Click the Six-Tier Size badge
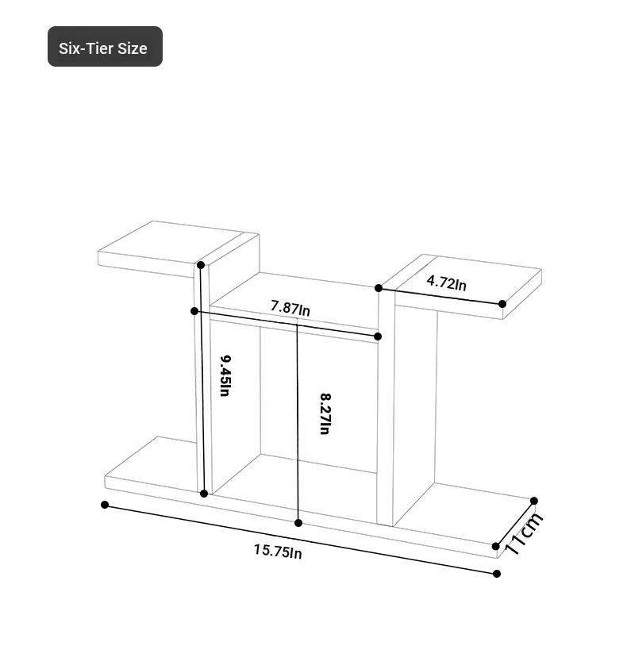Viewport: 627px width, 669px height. pyautogui.click(x=105, y=47)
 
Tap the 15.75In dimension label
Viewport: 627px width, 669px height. pyautogui.click(x=278, y=552)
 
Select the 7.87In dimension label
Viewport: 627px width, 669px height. pyautogui.click(x=290, y=308)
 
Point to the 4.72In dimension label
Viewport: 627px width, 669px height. pyautogui.click(x=447, y=283)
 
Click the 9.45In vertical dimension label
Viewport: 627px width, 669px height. pyautogui.click(x=225, y=376)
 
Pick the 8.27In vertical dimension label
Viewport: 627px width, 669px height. pyautogui.click(x=325, y=413)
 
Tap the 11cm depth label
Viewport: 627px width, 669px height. pyautogui.click(x=524, y=534)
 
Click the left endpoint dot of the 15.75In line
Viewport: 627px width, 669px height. pyautogui.click(x=105, y=505)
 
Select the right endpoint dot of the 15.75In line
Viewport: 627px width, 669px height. pyautogui.click(x=496, y=574)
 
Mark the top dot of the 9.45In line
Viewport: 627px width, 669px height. pyautogui.click(x=201, y=265)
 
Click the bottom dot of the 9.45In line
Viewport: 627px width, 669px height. pyautogui.click(x=204, y=494)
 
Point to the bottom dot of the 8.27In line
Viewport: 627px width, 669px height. pyautogui.click(x=298, y=523)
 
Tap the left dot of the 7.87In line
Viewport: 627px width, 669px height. pyautogui.click(x=194, y=311)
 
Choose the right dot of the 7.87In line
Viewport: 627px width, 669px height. pyautogui.click(x=378, y=336)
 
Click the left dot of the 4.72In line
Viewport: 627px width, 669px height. pyautogui.click(x=379, y=288)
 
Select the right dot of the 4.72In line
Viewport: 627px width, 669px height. pyautogui.click(x=502, y=304)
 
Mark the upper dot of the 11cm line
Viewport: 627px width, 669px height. pyautogui.click(x=534, y=501)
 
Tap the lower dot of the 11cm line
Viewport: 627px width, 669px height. pyautogui.click(x=495, y=546)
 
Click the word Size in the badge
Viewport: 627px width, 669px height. pyautogui.click(x=133, y=48)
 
